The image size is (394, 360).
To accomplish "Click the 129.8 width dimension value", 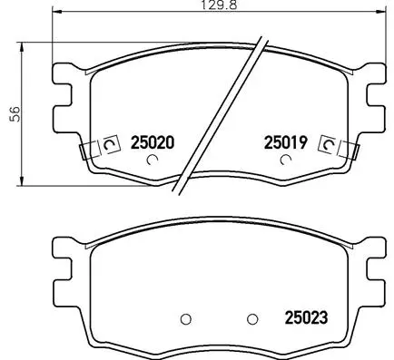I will [212, 6].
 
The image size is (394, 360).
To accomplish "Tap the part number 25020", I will [152, 142].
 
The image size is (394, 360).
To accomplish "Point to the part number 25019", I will [286, 142].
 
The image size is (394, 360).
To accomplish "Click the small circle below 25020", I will [153, 161].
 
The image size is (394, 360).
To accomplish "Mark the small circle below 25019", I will [286, 161].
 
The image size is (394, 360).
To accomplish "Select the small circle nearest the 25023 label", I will [253, 318].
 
